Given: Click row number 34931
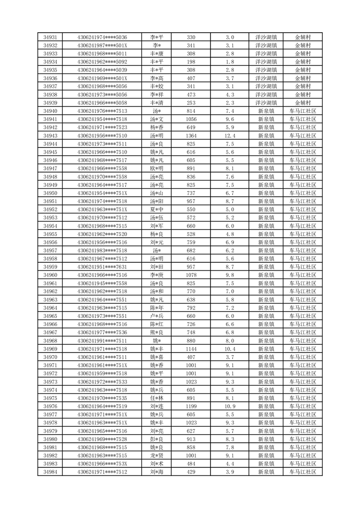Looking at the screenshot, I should [50, 37].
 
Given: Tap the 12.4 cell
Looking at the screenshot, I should [230, 136].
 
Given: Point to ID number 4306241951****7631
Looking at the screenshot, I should [102, 267].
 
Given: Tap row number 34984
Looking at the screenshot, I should [50, 472].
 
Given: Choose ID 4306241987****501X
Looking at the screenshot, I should [102, 45].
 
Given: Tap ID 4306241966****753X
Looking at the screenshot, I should [102, 464].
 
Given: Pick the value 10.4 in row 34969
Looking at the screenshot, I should [230, 349].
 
